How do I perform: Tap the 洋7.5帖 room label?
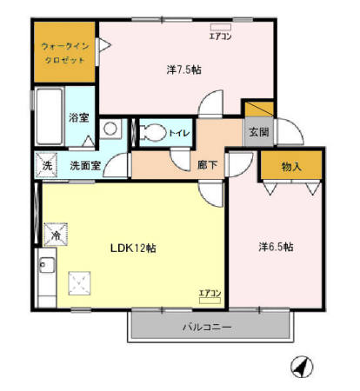(183, 69)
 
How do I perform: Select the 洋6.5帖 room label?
(275, 247)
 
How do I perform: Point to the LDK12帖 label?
(133, 248)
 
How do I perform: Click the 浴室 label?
(78, 117)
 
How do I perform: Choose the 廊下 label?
(208, 163)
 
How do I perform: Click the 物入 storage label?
(291, 166)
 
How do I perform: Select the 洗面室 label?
(86, 163)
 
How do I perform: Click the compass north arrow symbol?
(301, 368)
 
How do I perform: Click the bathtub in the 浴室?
(49, 118)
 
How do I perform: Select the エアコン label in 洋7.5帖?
(218, 36)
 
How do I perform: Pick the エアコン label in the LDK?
(210, 293)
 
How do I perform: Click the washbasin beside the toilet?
(110, 129)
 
